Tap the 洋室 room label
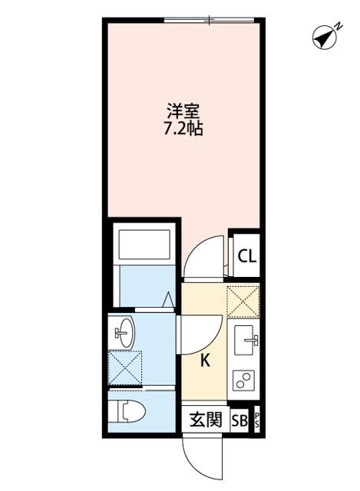[x=185, y=110]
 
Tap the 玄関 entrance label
[x=206, y=420]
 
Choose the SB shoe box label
[x=239, y=420]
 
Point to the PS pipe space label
[x=258, y=420]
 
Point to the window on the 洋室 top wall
[x=210, y=19]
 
